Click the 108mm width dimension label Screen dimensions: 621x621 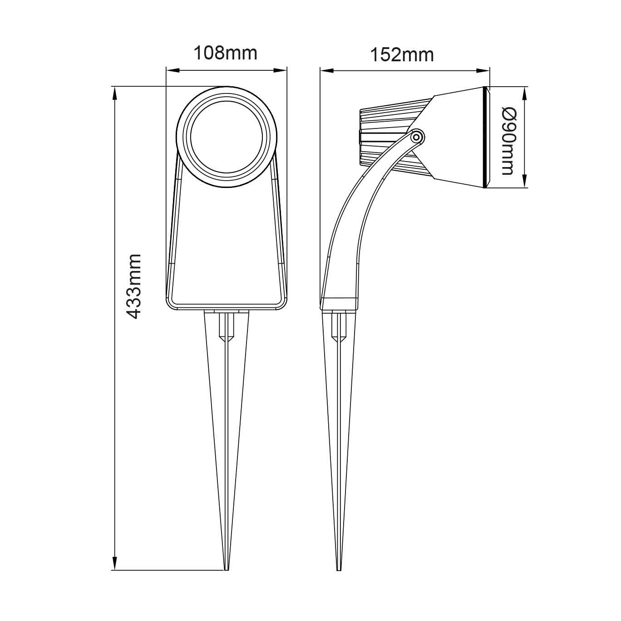point(226,53)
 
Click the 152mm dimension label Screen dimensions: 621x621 point(402,54)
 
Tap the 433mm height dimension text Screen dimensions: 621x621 point(134,286)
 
